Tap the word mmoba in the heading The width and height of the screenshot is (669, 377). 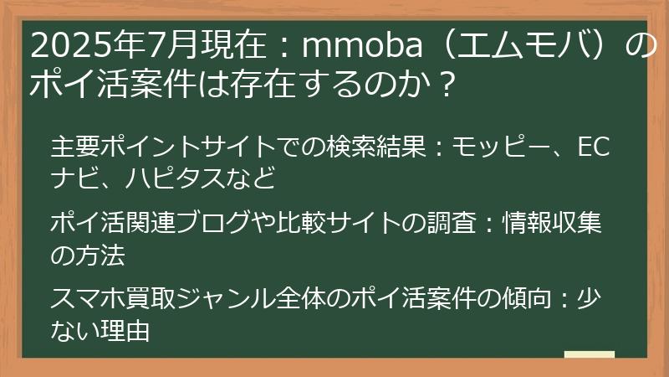click(x=362, y=45)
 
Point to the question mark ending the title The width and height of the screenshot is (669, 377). click(x=445, y=85)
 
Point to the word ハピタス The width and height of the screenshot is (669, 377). click(x=175, y=178)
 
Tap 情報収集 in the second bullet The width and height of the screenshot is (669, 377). click(x=552, y=223)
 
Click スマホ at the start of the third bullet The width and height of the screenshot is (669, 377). click(x=88, y=298)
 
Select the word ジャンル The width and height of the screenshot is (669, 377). click(x=225, y=298)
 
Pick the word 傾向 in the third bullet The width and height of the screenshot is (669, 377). click(x=527, y=298)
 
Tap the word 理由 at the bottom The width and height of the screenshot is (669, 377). click(x=125, y=331)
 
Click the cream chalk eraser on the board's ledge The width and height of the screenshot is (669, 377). click(x=590, y=354)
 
